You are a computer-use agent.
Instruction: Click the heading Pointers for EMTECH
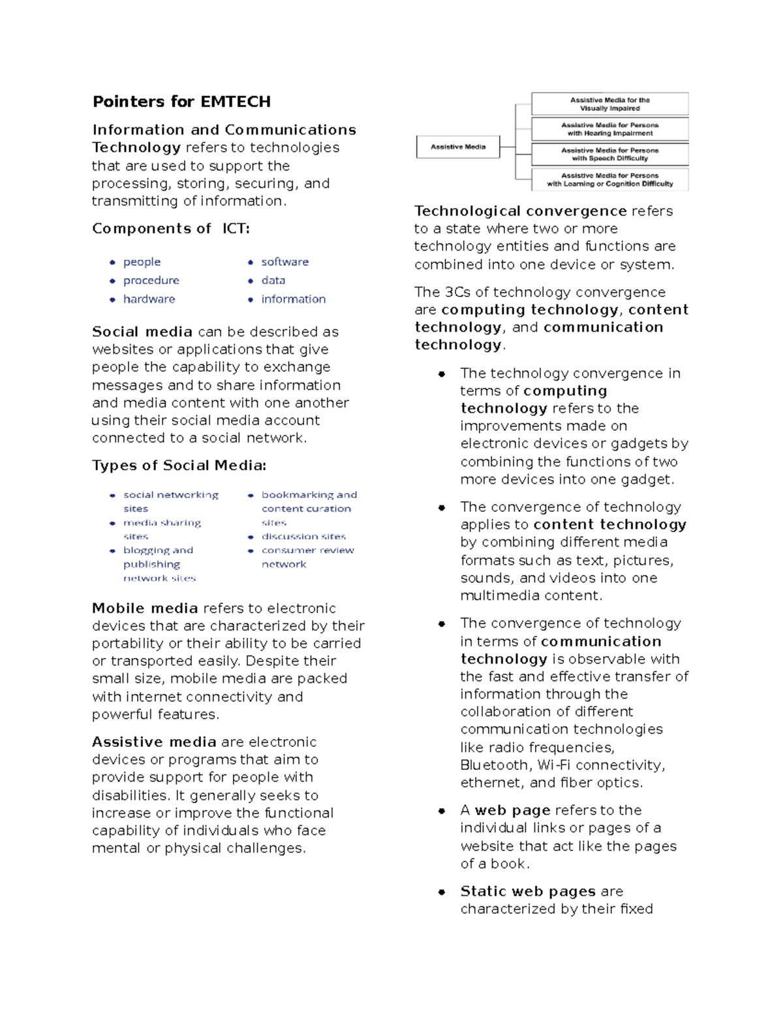coord(181,102)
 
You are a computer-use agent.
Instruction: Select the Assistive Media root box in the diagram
coord(458,147)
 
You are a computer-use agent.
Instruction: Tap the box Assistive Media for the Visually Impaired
coord(610,104)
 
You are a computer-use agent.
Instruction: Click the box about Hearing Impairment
coord(610,129)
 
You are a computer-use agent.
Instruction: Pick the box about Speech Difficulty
coord(610,154)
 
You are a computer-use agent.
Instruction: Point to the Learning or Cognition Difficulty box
coord(610,180)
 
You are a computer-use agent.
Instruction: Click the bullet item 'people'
coord(142,262)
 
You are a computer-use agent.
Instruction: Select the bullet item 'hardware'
coord(149,299)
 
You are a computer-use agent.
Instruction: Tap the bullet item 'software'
coord(284,262)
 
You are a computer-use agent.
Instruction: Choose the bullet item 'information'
coord(293,299)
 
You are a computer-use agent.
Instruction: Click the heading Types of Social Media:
coord(179,466)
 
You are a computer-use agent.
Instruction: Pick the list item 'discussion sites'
coord(303,537)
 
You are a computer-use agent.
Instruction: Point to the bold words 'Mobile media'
coord(145,609)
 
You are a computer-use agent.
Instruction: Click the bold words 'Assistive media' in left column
coord(154,742)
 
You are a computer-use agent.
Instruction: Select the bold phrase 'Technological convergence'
coord(520,212)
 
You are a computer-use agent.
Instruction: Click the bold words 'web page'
coord(512,810)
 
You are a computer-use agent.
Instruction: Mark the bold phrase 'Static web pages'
coord(527,891)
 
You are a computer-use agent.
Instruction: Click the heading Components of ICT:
coord(171,229)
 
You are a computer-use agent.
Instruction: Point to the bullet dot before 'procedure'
coord(112,281)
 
